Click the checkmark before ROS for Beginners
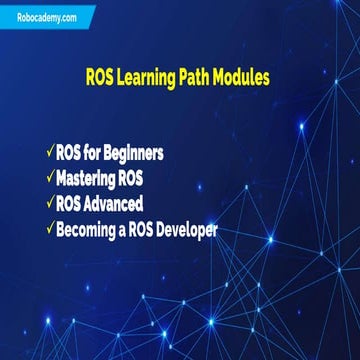(x=49, y=153)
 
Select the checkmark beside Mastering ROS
(x=49, y=179)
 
